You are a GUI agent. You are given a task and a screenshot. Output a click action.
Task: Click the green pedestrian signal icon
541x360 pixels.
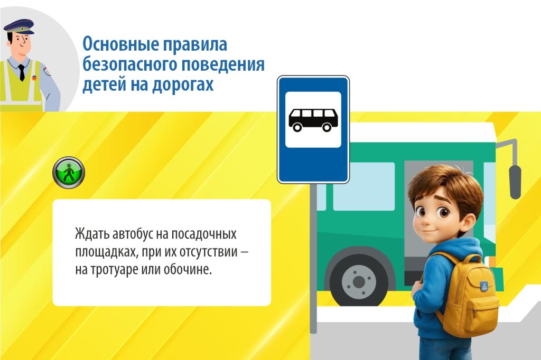69,173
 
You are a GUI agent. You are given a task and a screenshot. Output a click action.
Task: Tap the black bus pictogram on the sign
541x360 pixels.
313,120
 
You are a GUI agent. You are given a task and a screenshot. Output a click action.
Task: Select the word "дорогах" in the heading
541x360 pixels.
183,84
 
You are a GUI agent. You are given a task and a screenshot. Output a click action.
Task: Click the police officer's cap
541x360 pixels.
20,26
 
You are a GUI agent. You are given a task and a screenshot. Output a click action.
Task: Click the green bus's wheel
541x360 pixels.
359,282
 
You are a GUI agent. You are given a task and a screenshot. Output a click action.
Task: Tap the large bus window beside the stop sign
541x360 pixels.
363,186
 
